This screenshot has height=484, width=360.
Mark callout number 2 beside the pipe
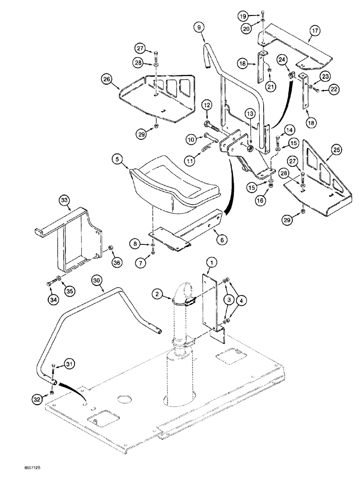[x=157, y=293]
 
